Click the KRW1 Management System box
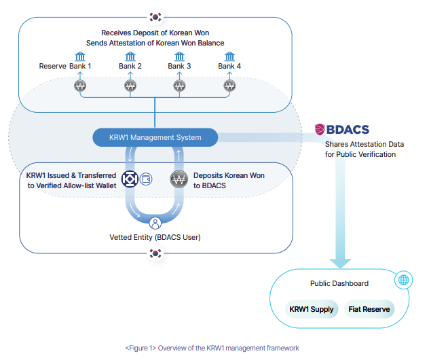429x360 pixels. coord(155,137)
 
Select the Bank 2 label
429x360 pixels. coord(130,66)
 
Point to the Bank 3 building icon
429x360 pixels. coord(180,56)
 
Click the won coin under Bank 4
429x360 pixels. coord(229,86)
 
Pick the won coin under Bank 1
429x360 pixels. coord(80,86)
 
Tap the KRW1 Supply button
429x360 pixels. coord(312,309)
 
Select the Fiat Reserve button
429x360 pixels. coord(369,309)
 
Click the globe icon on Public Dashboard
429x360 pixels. coord(404,280)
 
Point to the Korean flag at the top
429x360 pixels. coord(155,16)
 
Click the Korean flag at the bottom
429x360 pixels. coord(155,253)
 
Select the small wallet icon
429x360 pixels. coord(146,179)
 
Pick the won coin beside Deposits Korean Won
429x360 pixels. coord(179,180)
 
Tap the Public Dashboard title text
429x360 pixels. coord(339,283)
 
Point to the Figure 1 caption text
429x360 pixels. coord(212,348)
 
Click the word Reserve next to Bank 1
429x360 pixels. coord(53,66)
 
